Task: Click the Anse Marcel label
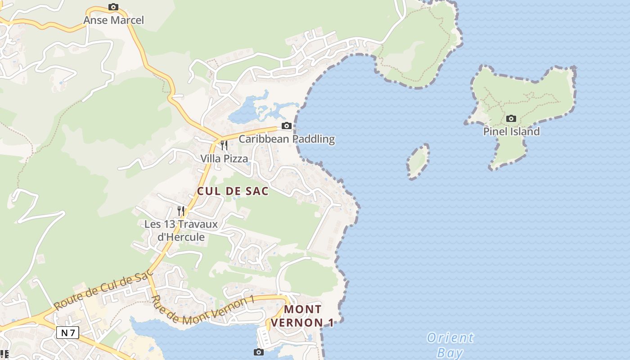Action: click(x=113, y=20)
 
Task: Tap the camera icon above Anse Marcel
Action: click(x=113, y=7)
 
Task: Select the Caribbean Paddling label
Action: click(x=287, y=139)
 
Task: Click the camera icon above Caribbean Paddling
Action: click(x=287, y=126)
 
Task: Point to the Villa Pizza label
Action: click(x=224, y=158)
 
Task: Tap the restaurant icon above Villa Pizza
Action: click(x=224, y=145)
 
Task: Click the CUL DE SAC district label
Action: click(x=233, y=191)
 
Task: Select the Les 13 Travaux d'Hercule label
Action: click(x=181, y=230)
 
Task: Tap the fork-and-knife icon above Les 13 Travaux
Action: click(x=181, y=210)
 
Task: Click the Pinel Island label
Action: click(x=511, y=132)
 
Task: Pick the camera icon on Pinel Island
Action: click(x=511, y=119)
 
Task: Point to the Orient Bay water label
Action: click(x=450, y=345)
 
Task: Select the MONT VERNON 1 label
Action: click(x=302, y=316)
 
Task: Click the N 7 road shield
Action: click(x=68, y=333)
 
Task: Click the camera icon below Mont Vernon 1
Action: click(x=258, y=352)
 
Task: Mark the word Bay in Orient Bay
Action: click(x=450, y=352)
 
